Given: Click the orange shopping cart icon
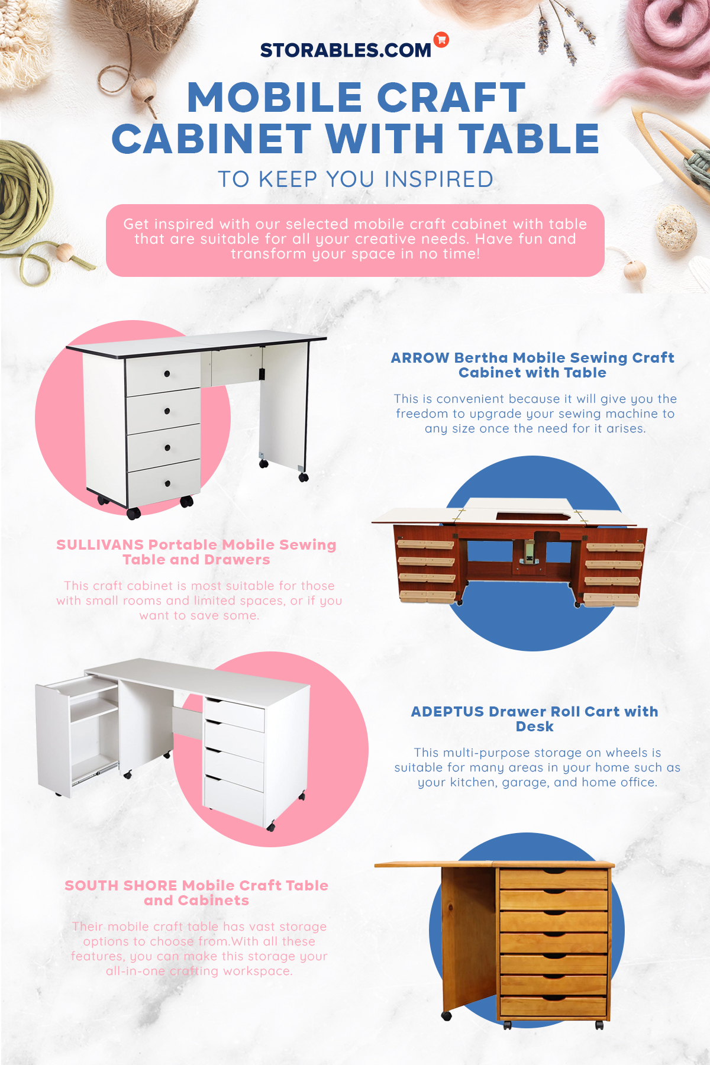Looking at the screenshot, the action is pos(441,40).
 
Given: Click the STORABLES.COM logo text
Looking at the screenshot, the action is pos(346,50).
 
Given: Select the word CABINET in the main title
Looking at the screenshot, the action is pos(211,139).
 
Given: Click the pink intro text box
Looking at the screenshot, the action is pos(355,240).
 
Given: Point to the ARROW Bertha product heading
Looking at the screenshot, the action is pos(532,365).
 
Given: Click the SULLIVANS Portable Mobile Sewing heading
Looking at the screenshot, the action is pos(196,552).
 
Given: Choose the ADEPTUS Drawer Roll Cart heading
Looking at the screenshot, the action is pos(535,719).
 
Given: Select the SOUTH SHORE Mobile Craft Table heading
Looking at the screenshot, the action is pos(196,893).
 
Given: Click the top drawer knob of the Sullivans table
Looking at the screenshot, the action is pos(167,373).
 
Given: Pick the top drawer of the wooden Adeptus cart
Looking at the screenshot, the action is pos(554,878).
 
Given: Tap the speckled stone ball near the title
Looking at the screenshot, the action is pos(677,228).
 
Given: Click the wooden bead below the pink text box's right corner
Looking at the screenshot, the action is pos(634,270).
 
